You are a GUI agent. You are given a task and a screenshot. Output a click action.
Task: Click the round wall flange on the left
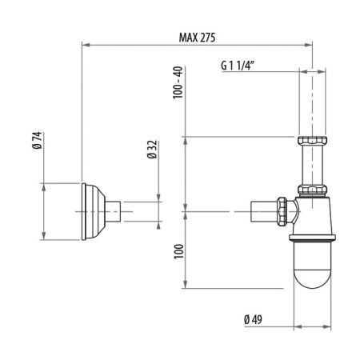tap(94, 211)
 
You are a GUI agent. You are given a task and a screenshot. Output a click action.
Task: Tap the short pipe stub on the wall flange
tap(114, 211)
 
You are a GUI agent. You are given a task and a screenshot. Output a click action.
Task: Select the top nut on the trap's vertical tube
tap(312, 146)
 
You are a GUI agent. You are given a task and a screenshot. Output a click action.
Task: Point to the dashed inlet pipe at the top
tap(312, 100)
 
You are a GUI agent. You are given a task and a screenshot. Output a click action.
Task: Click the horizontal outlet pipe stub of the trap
tap(262, 211)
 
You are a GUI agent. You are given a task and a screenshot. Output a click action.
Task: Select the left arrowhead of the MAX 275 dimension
tap(86, 46)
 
